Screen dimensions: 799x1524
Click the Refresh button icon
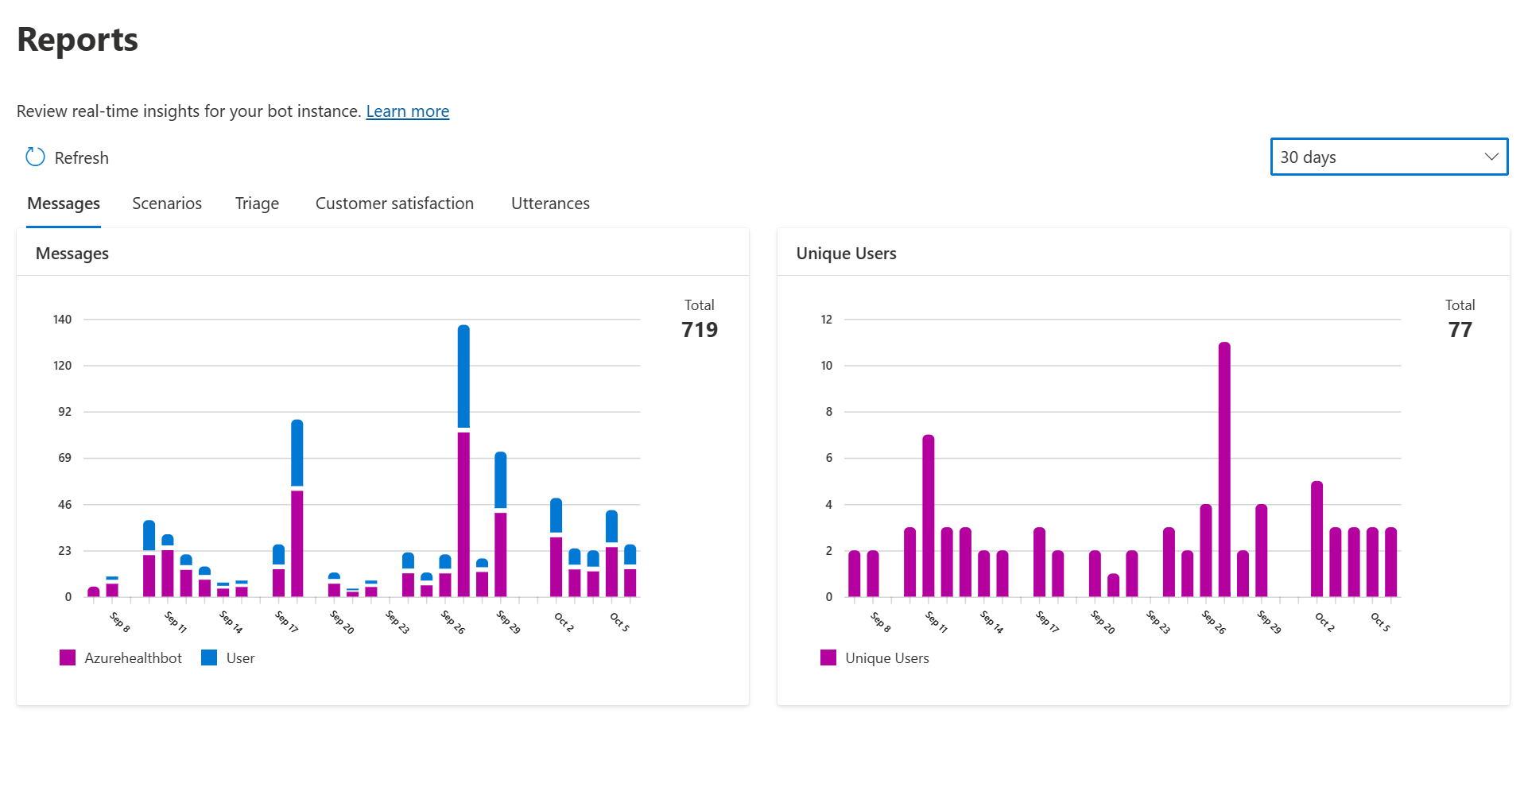point(36,157)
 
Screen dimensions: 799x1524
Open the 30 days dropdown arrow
point(1491,157)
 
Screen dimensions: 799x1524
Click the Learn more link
point(407,111)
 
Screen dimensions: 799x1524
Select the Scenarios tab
point(167,204)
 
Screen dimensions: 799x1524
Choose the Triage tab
point(257,204)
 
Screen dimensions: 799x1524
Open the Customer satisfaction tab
point(394,204)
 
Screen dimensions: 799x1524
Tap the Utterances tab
point(550,204)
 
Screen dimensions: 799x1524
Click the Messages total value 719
point(699,330)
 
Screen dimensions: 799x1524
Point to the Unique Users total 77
point(1460,330)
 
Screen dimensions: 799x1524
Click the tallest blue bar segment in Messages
point(463,375)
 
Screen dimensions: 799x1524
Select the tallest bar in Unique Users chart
point(1224,469)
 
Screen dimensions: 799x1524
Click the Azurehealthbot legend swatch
point(68,657)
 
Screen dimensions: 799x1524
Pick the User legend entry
point(239,658)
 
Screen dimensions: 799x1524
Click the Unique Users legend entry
point(886,658)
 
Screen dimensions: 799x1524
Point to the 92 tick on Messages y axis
point(64,412)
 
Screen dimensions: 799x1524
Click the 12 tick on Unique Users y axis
point(826,320)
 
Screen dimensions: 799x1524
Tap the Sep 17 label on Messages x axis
point(287,622)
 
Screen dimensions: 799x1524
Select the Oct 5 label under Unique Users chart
point(1380,622)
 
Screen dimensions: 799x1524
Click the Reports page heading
point(78,40)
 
